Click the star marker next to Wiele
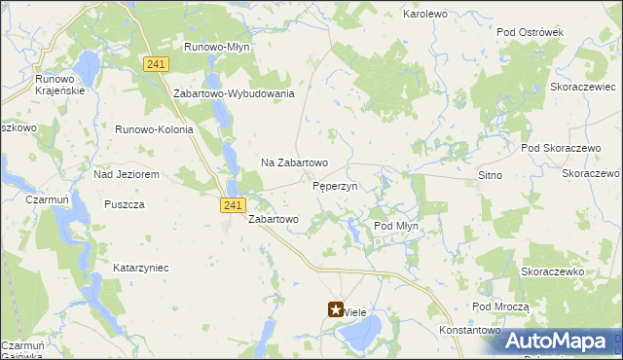(334, 311)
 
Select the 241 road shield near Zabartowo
(232, 204)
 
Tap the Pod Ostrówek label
(530, 32)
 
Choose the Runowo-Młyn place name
(218, 46)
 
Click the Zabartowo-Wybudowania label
(234, 93)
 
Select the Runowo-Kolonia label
(155, 129)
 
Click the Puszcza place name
(125, 204)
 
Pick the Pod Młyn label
(396, 226)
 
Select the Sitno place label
(490, 175)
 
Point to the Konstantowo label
(468, 331)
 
